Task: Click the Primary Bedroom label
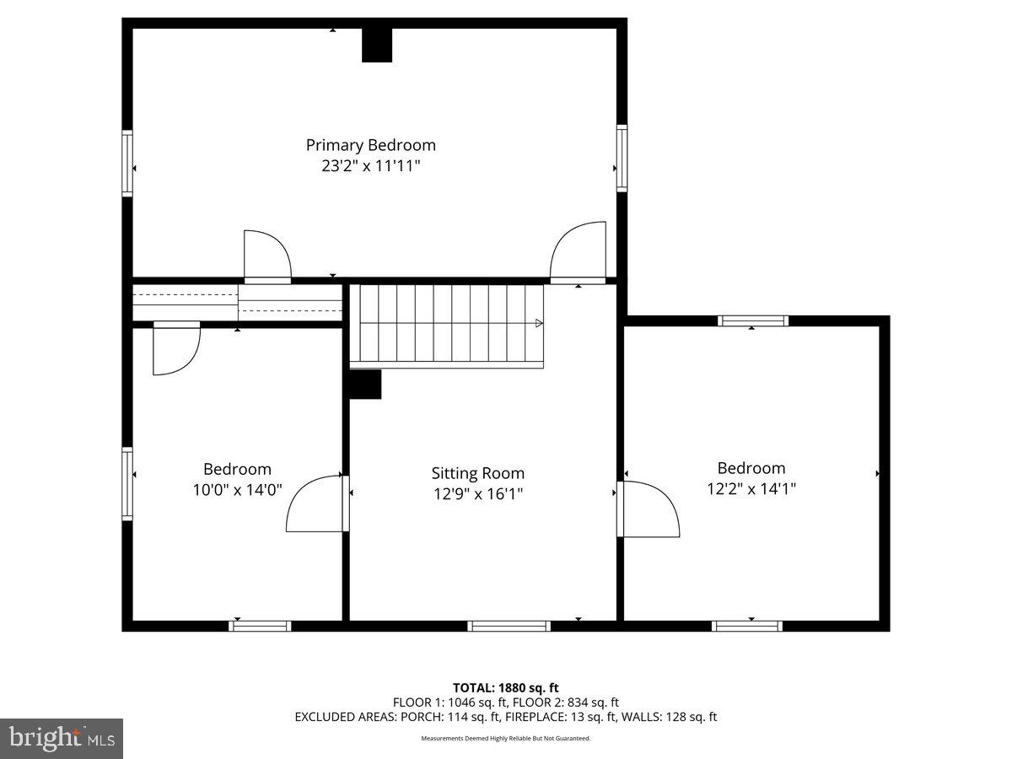tap(371, 146)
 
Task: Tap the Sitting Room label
tap(477, 473)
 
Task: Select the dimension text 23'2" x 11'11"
tap(371, 166)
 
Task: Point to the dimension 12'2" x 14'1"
tap(751, 488)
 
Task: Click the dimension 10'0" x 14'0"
tap(237, 490)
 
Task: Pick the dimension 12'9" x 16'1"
tap(477, 494)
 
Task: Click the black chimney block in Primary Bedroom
tap(377, 46)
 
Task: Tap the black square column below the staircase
tap(365, 384)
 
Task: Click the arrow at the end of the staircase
tap(539, 323)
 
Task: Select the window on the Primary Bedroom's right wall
tap(622, 158)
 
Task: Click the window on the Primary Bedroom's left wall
tap(127, 164)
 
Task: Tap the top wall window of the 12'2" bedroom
tap(753, 320)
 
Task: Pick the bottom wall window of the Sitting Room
tap(509, 626)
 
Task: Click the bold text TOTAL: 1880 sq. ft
tap(506, 688)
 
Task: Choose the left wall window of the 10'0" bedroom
tap(127, 484)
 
